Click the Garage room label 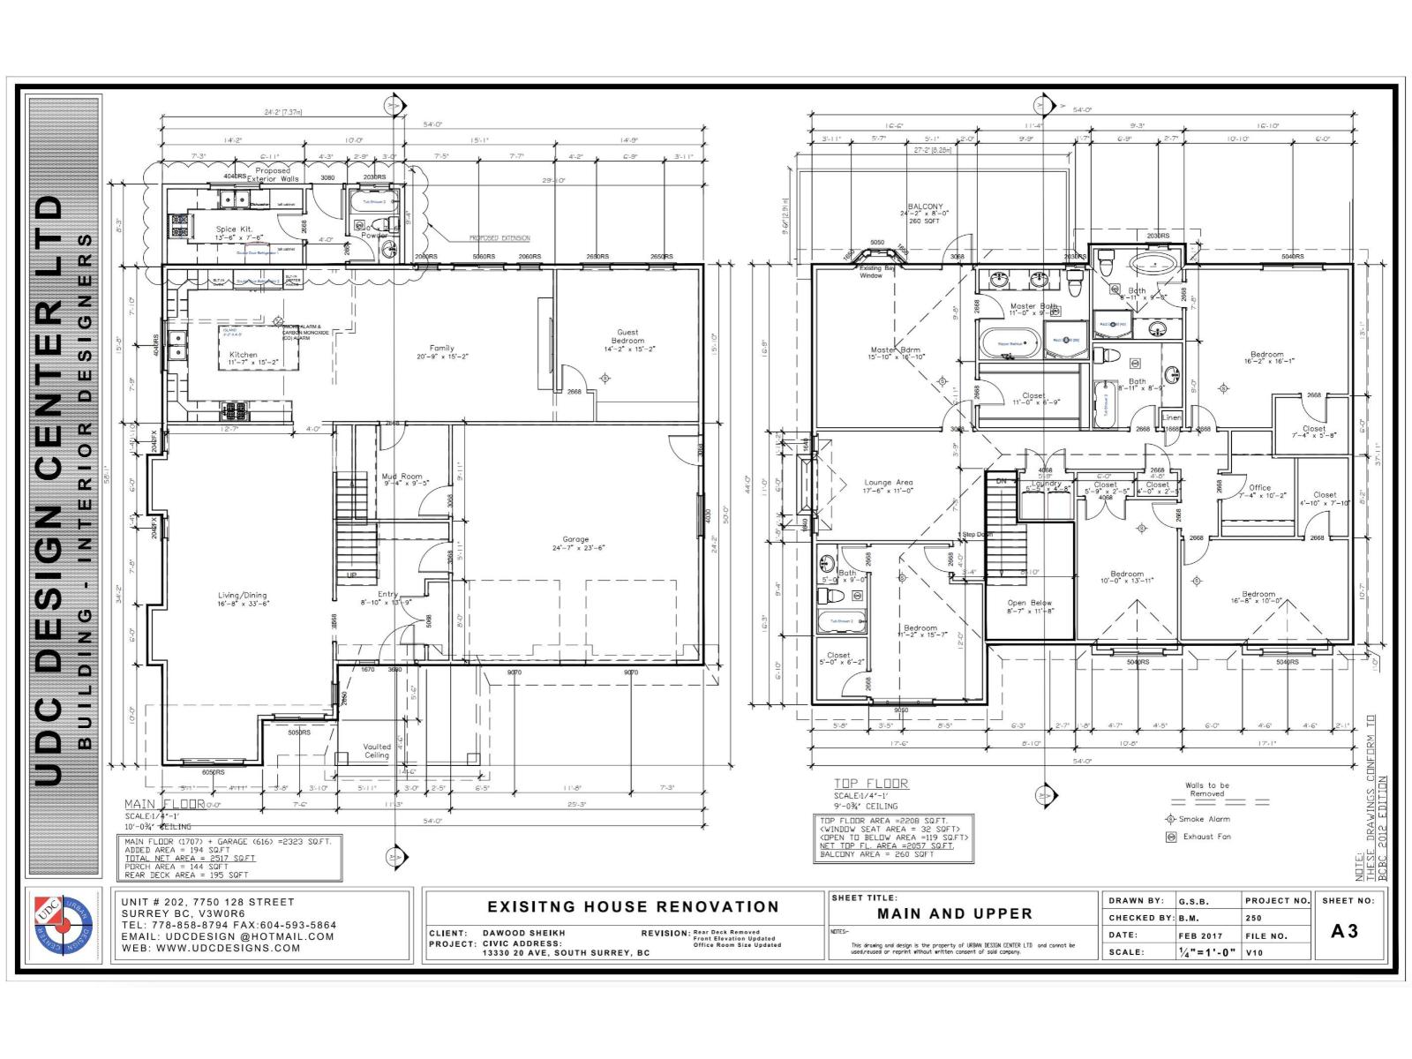575,539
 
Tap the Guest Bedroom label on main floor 627,336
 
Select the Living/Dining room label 243,596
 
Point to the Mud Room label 402,477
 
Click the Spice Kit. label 234,229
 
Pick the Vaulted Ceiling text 377,751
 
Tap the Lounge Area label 889,483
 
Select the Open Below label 1030,604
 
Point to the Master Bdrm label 896,350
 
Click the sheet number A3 1345,931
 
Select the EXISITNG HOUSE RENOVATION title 633,906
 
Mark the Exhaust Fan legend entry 1206,837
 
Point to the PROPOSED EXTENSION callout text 499,238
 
